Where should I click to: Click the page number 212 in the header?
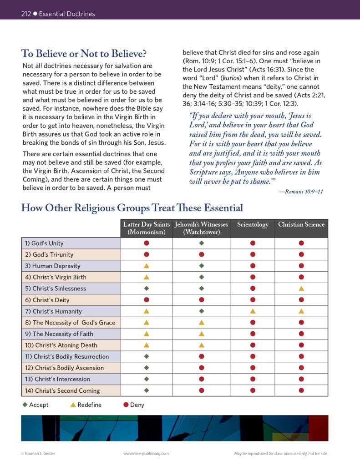click(26, 14)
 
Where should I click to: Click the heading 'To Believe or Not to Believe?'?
click(84, 54)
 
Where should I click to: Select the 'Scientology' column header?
click(253, 225)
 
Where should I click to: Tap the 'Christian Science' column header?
click(301, 225)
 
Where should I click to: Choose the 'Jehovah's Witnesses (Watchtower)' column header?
click(201, 228)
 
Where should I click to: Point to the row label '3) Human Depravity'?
click(53, 266)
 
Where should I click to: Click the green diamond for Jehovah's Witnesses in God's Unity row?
click(202, 243)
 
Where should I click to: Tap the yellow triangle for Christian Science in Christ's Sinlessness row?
click(301, 289)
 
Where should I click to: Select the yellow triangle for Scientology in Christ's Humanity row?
click(253, 311)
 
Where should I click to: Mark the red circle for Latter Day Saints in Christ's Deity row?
click(147, 300)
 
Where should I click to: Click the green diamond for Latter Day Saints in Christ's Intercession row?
click(147, 379)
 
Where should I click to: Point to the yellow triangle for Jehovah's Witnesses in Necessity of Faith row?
click(202, 334)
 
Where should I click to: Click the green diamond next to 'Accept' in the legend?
click(25, 405)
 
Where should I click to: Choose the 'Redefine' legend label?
click(89, 405)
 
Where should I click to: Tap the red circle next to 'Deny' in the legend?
click(126, 405)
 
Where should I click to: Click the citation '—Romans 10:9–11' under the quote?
click(301, 192)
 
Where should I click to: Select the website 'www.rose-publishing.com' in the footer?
click(146, 453)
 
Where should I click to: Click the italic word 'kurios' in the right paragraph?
click(231, 78)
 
